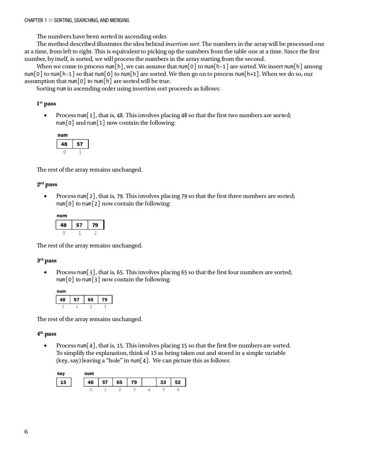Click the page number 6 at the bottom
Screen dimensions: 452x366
26,431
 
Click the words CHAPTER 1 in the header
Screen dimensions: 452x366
36,20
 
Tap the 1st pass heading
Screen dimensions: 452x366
46,103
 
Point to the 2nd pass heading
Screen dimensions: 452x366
47,184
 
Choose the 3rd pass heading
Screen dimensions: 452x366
46,260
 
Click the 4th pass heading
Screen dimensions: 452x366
46,334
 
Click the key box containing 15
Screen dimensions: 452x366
63,382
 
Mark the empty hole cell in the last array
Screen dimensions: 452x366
149,382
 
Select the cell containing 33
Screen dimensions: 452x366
163,382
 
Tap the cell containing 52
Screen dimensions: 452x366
178,382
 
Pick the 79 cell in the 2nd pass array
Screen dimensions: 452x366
95,225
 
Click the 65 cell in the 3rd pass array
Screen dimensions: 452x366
91,300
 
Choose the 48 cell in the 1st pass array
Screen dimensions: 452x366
64,144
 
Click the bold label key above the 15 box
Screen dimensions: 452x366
61,373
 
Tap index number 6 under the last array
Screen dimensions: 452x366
178,390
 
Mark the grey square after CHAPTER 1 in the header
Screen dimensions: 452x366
51,20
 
